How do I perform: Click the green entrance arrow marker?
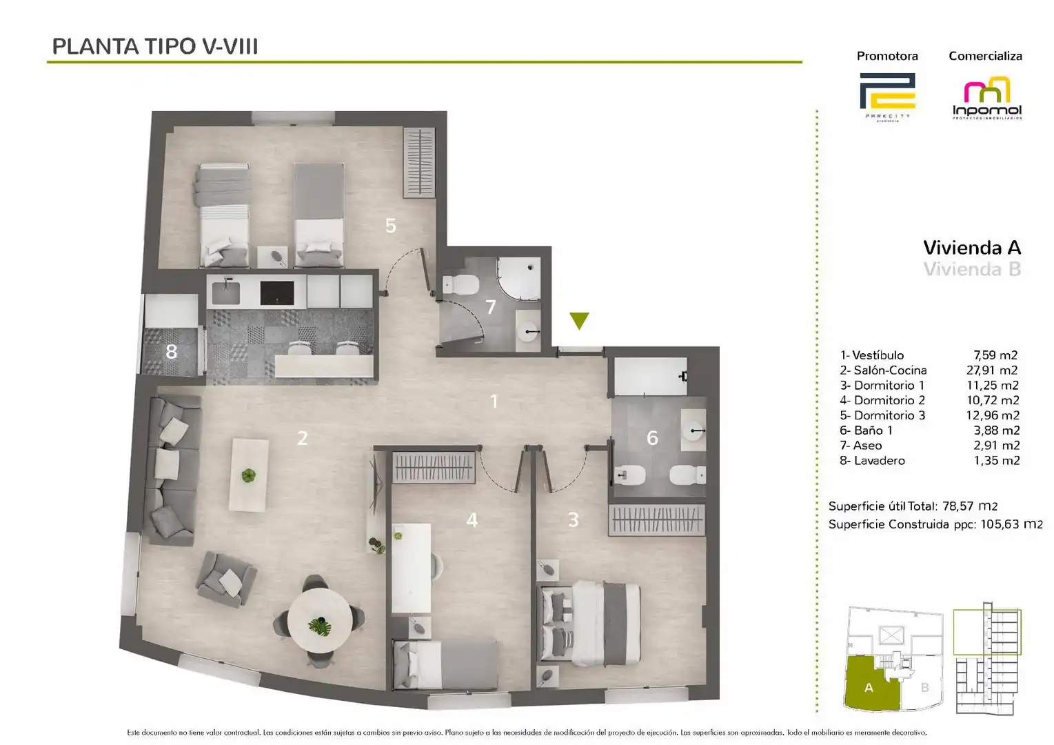[579, 321]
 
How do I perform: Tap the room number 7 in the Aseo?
[491, 307]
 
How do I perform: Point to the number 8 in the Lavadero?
[172, 352]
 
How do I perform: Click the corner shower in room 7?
[518, 279]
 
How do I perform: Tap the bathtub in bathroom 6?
[650, 377]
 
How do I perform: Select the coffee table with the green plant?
[248, 475]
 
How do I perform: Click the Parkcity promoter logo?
[887, 96]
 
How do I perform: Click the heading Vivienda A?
[972, 248]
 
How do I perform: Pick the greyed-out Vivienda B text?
[972, 269]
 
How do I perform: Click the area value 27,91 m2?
[992, 370]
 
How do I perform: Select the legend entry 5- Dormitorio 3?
[882, 415]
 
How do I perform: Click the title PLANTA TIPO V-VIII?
[155, 46]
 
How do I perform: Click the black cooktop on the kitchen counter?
[276, 292]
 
